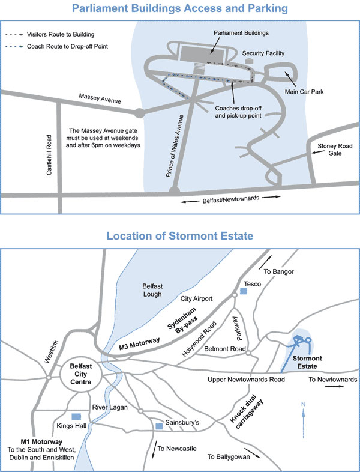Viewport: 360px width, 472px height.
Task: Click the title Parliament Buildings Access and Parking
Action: [179, 8]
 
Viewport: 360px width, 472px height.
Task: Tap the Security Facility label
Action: [262, 53]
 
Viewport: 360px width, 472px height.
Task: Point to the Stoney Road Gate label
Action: [326, 149]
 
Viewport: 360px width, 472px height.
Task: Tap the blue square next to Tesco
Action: [243, 291]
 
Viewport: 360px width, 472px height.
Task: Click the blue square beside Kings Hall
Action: [76, 416]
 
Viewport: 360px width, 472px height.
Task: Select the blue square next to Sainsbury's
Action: [158, 426]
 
